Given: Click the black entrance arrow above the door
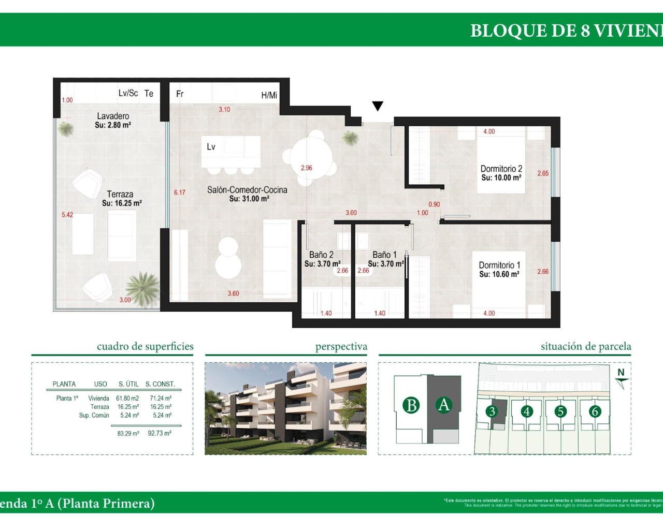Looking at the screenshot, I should click(x=378, y=106).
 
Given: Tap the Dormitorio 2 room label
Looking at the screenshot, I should click(x=501, y=169).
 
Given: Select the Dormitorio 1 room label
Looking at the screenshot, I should click(x=499, y=265).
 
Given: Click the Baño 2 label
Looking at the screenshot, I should click(x=321, y=255).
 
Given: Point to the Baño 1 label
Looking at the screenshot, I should click(x=384, y=255).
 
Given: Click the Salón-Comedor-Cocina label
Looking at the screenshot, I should click(x=247, y=190).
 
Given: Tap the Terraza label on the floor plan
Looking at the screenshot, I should click(x=120, y=194).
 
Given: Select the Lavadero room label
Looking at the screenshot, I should click(x=113, y=116).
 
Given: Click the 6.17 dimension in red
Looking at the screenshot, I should click(x=179, y=193).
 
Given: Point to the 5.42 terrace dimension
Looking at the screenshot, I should click(x=67, y=215).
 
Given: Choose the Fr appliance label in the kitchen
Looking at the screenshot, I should click(x=180, y=94).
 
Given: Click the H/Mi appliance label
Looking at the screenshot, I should click(x=269, y=95).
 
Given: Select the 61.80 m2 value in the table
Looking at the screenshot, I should click(x=127, y=399).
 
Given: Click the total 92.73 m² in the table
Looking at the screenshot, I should click(x=160, y=433).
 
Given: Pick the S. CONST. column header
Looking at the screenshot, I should click(x=160, y=384).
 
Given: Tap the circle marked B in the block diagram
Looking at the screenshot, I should click(x=411, y=405).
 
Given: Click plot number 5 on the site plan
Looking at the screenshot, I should click(x=560, y=411).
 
